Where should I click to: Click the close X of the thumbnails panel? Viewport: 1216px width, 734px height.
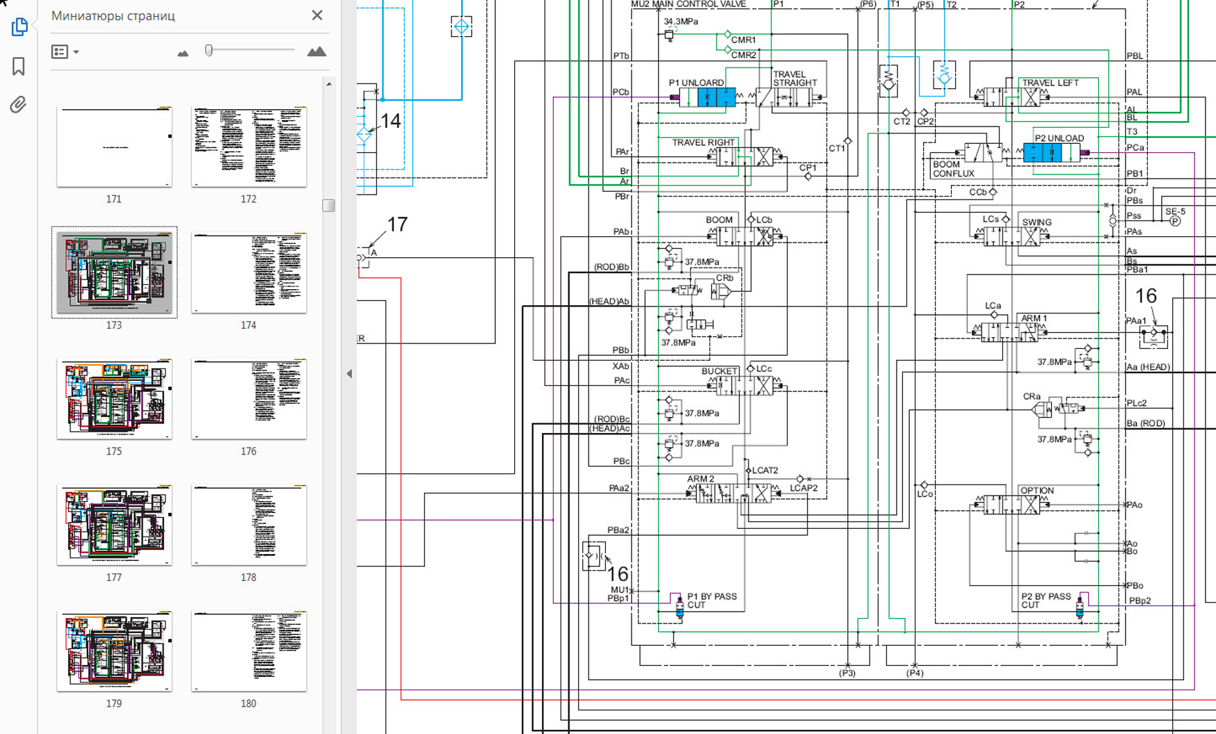pos(317,15)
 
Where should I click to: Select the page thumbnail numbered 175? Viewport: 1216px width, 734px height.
pos(114,399)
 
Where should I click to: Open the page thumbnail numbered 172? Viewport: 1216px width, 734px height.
pos(249,147)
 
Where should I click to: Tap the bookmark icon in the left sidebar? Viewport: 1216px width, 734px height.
pos(19,66)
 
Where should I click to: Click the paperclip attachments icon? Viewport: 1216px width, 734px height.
pos(18,104)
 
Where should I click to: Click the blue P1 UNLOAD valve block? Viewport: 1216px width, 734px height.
pos(716,97)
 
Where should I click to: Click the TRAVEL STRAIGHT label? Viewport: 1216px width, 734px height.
pos(794,79)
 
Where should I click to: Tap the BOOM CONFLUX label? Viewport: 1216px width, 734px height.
pos(952,169)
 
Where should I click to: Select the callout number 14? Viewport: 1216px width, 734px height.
pos(390,121)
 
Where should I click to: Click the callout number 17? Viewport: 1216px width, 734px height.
pos(397,225)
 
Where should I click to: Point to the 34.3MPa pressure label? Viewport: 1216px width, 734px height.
pos(681,22)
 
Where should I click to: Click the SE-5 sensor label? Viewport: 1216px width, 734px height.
pos(1175,211)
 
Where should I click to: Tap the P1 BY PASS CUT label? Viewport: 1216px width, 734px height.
pos(712,601)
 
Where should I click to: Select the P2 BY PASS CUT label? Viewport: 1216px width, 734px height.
pos(1046,601)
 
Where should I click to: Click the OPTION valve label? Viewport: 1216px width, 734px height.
pos(1037,490)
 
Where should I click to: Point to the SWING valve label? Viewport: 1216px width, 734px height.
pos(1037,222)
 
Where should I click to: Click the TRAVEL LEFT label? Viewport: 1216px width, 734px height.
pos(1050,83)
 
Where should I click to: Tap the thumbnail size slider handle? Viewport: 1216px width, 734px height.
pos(209,50)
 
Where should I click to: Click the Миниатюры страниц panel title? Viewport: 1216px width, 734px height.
pos(113,15)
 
